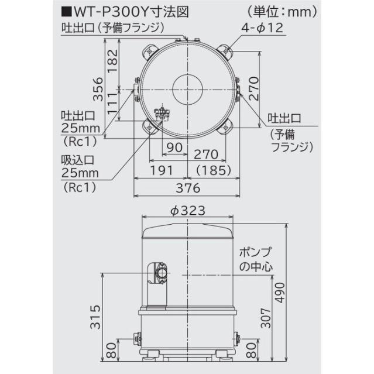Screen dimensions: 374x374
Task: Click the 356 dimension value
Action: pyautogui.click(x=98, y=88)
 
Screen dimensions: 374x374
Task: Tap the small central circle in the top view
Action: pyautogui.click(x=188, y=90)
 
